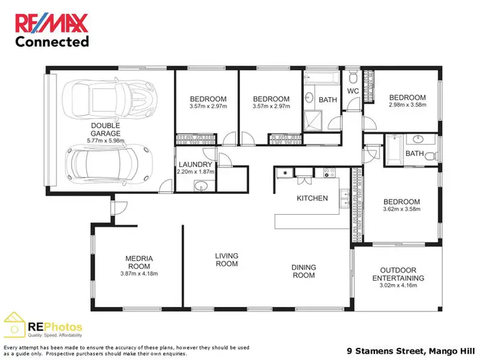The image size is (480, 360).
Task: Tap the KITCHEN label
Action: (x=312, y=198)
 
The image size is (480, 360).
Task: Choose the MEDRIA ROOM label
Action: (x=138, y=263)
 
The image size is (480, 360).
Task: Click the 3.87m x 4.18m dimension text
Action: (x=138, y=274)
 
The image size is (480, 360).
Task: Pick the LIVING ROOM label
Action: (x=226, y=260)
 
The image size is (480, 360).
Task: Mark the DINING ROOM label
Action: (x=303, y=271)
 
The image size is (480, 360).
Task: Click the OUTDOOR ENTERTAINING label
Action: (x=397, y=274)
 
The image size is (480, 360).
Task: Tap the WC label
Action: (x=353, y=91)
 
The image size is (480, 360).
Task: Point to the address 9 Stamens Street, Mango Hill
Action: (x=409, y=350)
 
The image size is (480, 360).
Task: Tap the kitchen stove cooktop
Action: (x=330, y=172)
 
